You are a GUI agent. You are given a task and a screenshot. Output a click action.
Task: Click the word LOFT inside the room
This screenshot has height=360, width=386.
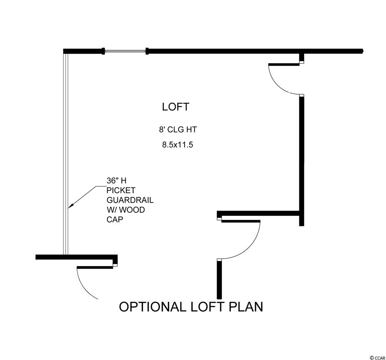click(175, 107)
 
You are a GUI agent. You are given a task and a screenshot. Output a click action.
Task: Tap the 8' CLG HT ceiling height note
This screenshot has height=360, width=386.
click(177, 130)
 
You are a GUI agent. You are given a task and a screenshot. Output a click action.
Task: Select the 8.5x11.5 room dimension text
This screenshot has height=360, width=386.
click(177, 144)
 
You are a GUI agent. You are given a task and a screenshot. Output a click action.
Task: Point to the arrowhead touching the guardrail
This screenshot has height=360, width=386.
click(71, 206)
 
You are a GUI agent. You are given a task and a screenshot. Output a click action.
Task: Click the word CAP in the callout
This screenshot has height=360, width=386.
click(115, 220)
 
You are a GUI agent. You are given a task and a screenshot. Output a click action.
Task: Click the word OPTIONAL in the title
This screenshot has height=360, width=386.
click(152, 307)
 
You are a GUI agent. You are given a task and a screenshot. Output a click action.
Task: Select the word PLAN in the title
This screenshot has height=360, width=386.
click(246, 307)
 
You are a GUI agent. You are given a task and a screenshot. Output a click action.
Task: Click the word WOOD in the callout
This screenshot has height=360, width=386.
click(134, 210)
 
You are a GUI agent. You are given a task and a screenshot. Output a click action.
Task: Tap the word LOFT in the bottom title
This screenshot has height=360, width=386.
click(207, 307)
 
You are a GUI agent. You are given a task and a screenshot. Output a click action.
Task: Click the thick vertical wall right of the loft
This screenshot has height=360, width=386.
click(301, 157)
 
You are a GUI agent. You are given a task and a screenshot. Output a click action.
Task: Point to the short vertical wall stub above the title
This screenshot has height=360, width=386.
click(219, 279)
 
